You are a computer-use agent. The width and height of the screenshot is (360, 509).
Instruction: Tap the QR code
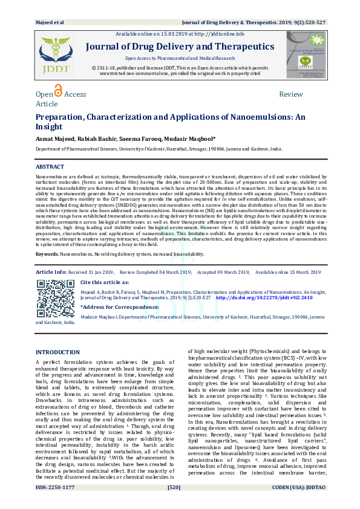[x=56, y=300]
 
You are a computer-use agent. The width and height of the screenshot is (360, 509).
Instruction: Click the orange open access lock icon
[x=58, y=91]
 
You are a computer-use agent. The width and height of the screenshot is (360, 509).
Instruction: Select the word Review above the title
[x=290, y=94]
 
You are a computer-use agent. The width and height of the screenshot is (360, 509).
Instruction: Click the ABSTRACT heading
[x=50, y=166]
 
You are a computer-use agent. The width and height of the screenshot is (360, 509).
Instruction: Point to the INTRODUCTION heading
[x=57, y=352]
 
